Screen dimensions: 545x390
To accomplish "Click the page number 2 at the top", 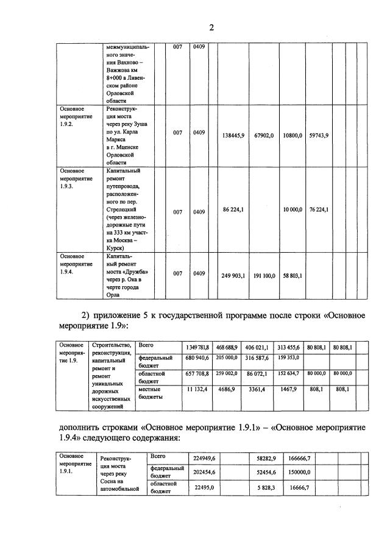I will (x=211, y=27).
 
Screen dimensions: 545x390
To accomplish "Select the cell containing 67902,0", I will (x=263, y=135).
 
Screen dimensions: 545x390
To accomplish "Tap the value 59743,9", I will (x=319, y=135).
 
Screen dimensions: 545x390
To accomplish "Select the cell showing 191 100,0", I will (x=263, y=275).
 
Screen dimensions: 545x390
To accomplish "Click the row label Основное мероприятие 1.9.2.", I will (x=72, y=116).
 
